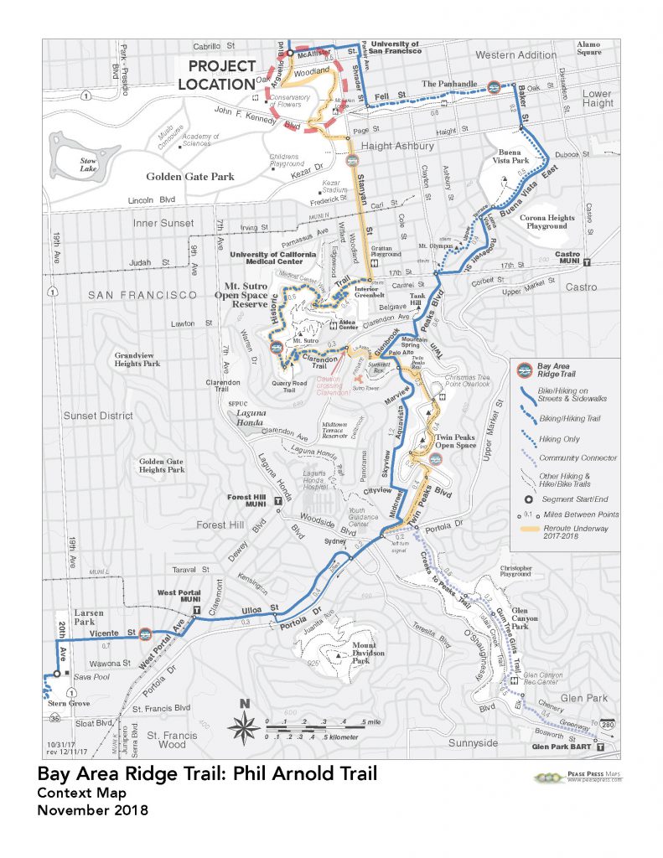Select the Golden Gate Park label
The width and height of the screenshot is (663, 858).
[189, 177]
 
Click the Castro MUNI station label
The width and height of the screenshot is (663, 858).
[575, 257]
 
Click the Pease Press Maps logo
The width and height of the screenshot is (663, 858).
[578, 778]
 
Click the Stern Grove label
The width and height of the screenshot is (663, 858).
[61, 705]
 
